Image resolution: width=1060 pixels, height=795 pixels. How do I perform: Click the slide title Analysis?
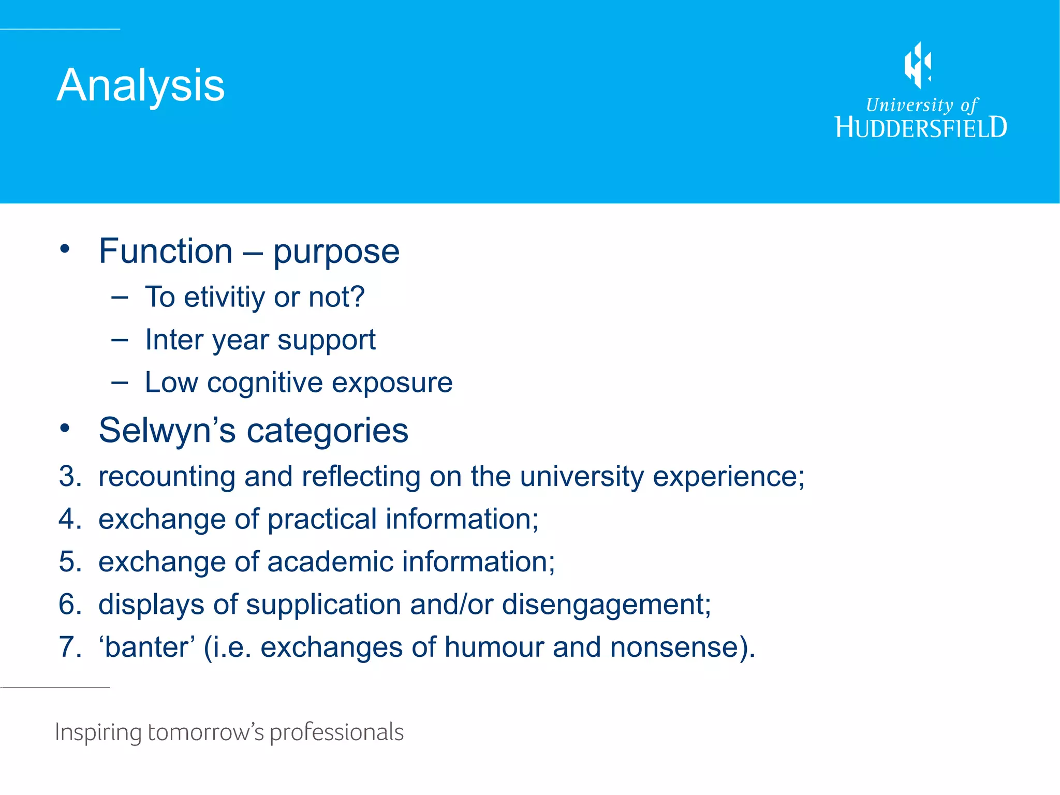[140, 85]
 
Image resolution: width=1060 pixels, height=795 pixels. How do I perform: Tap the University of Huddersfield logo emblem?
[918, 65]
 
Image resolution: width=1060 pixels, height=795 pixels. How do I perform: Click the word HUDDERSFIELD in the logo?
[921, 127]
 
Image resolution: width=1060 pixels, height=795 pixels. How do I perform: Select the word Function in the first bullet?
[166, 251]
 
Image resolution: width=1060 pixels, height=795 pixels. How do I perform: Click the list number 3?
[69, 476]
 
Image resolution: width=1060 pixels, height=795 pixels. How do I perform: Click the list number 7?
[69, 647]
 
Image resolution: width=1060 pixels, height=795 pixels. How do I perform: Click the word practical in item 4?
[322, 519]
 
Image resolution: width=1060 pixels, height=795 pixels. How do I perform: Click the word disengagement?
[606, 605]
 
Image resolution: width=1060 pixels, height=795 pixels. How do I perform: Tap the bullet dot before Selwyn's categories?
[64, 429]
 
